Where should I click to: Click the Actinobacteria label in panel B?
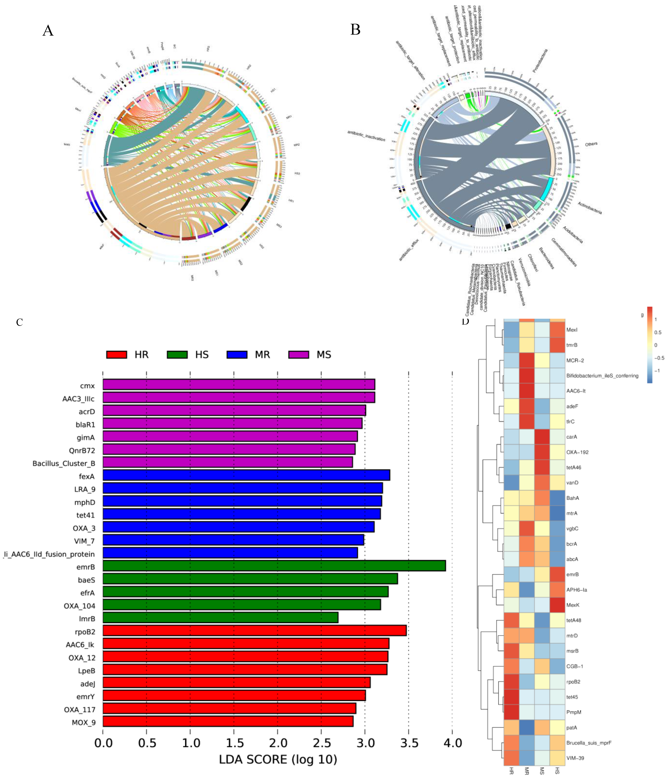(x=589, y=208)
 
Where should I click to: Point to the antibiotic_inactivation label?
(x=366, y=136)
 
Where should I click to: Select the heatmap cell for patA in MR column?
(x=527, y=728)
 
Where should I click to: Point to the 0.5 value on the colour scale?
(x=658, y=332)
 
